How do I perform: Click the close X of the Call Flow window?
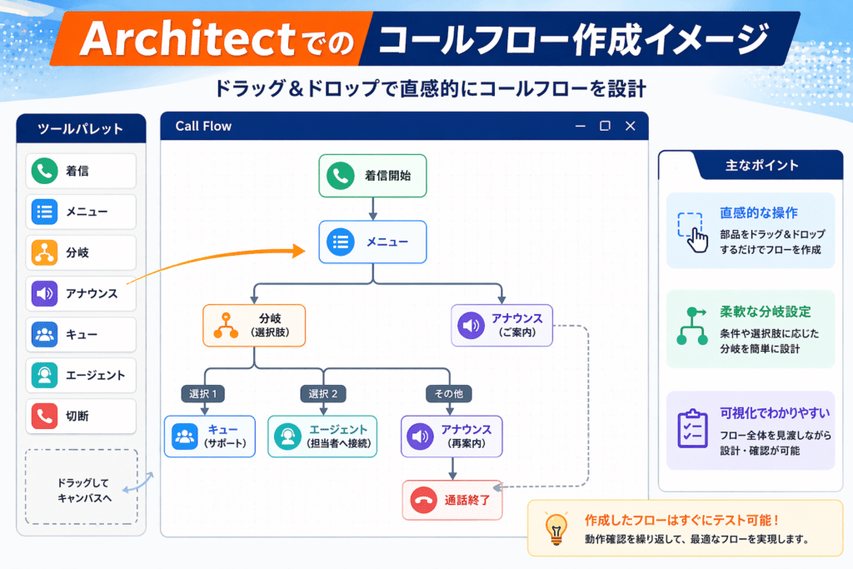(630, 126)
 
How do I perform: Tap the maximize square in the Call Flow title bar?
(605, 126)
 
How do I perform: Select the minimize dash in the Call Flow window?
(581, 126)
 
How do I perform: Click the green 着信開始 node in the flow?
(372, 176)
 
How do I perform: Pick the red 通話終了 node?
(452, 500)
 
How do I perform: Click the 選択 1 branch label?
(203, 393)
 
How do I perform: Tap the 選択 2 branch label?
(323, 393)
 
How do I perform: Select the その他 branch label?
(449, 393)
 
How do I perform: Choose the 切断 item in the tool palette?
(81, 417)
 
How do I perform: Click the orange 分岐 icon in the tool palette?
(45, 252)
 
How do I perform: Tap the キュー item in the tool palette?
(81, 335)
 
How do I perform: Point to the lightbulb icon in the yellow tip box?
(556, 528)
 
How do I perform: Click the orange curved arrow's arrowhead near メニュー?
(299, 251)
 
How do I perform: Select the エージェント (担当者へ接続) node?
(322, 437)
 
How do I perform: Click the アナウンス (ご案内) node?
(501, 325)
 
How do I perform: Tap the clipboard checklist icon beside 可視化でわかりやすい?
(692, 429)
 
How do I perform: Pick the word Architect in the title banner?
(187, 39)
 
